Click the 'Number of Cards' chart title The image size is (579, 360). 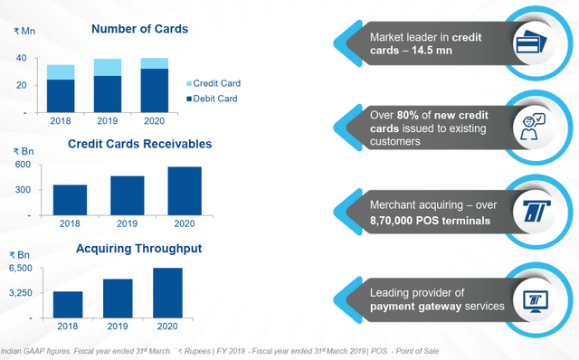[x=139, y=29]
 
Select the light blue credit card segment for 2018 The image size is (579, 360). [x=62, y=72]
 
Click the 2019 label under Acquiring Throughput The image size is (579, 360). [x=119, y=325]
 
